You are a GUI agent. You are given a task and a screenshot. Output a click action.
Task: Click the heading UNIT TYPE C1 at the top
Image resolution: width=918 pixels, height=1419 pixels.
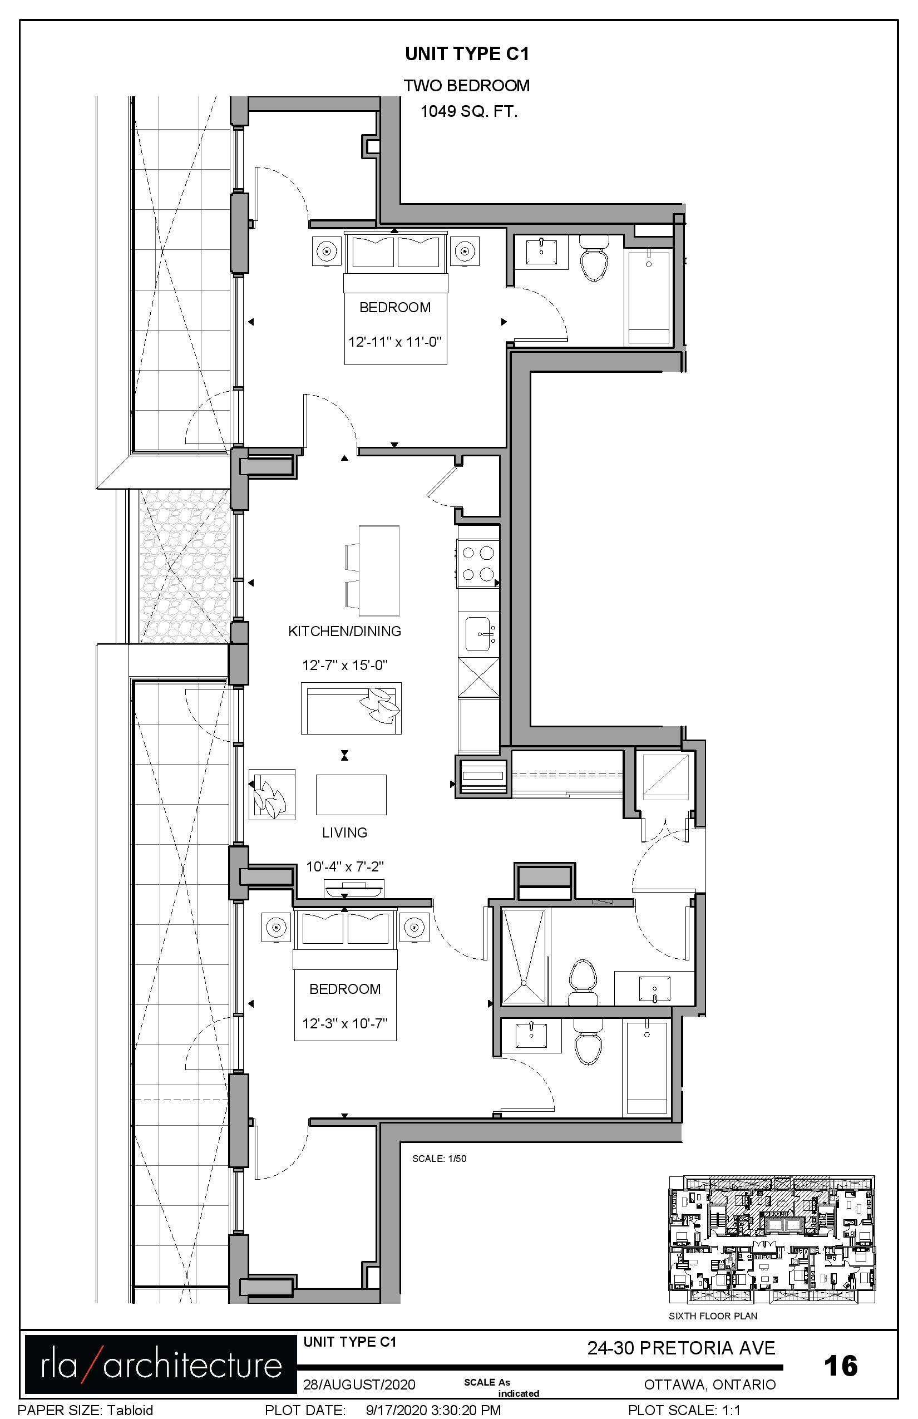(x=467, y=55)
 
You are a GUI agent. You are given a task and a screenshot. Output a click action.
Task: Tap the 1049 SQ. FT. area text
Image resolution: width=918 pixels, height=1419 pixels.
(x=468, y=111)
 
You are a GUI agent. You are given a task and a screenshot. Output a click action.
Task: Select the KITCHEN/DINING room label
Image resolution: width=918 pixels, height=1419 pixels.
(x=344, y=631)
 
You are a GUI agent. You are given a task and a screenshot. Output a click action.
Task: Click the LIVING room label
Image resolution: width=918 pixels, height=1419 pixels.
(x=344, y=832)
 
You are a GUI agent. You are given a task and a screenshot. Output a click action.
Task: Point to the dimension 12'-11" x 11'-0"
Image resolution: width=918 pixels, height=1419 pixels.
(x=394, y=342)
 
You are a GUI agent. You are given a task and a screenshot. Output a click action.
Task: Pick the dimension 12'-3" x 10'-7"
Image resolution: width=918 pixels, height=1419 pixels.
(x=344, y=1024)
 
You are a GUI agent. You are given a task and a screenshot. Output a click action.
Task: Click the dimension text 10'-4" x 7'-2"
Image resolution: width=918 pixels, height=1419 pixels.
(x=344, y=866)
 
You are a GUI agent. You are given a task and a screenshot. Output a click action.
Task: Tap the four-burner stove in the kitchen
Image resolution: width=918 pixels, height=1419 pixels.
(x=478, y=563)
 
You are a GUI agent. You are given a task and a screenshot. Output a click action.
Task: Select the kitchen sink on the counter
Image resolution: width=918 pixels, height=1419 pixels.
(x=479, y=634)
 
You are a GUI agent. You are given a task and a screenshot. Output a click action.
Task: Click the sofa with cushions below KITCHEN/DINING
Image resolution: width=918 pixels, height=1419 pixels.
(x=351, y=708)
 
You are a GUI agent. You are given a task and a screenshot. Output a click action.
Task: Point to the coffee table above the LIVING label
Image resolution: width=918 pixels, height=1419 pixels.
(x=351, y=795)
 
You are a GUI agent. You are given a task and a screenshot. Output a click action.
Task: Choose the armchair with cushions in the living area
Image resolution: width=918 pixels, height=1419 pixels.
(x=272, y=794)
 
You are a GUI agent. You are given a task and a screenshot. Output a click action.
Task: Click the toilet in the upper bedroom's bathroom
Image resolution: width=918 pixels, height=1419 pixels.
(x=594, y=258)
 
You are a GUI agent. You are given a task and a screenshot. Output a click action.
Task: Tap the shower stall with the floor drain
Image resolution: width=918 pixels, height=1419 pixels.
(x=524, y=957)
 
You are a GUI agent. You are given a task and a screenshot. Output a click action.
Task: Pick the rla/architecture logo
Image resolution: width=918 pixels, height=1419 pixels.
(x=161, y=1364)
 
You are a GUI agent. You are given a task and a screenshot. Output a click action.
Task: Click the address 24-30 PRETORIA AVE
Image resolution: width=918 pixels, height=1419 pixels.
(x=682, y=1348)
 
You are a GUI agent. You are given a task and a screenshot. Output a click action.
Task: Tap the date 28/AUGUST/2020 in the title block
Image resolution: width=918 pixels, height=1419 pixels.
(x=359, y=1384)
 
